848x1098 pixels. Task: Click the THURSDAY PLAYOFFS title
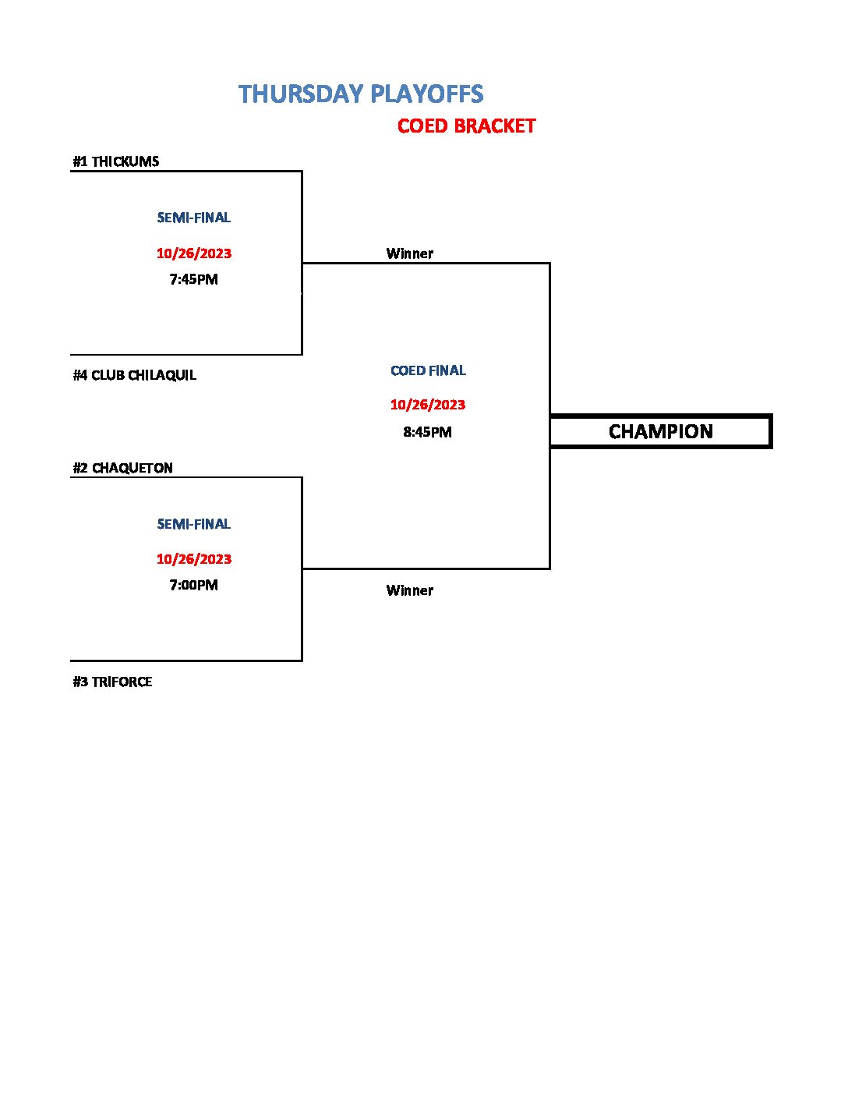[361, 94]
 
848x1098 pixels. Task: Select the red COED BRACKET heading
[466, 126]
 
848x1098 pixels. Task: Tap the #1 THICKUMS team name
[116, 161]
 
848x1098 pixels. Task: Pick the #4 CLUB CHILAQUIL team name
[134, 375]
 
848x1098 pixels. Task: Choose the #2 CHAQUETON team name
[122, 468]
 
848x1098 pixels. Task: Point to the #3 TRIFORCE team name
[112, 682]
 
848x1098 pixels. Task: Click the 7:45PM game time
[193, 279]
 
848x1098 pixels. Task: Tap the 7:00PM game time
[193, 585]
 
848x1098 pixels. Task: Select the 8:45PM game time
[427, 432]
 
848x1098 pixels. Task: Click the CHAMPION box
[660, 431]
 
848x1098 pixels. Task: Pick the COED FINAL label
[428, 370]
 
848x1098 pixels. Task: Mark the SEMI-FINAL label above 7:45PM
[193, 218]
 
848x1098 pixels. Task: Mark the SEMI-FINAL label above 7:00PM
[193, 524]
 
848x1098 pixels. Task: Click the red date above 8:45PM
[427, 405]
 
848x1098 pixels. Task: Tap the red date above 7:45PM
[193, 253]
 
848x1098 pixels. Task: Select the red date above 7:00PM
[193, 559]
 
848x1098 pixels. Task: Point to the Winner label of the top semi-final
[409, 253]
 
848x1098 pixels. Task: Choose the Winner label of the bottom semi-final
[409, 590]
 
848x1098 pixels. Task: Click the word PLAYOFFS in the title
[426, 94]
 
